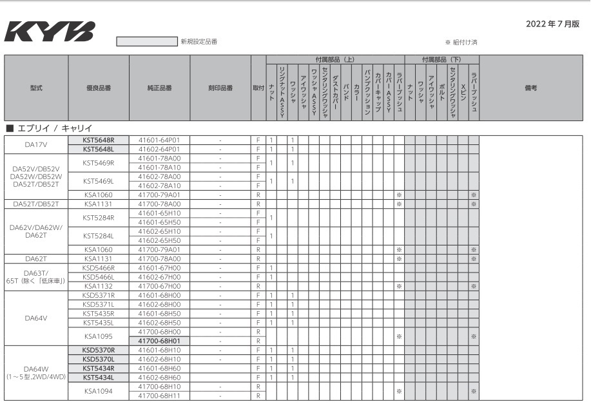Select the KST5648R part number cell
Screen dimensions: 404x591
[x=99, y=140]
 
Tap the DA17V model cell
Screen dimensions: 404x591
[x=36, y=144]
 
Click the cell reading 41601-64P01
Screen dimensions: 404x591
[x=159, y=140]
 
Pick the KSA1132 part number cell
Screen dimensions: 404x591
[x=99, y=285]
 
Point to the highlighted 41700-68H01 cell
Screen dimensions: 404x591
[x=159, y=340]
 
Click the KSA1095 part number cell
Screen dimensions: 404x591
[x=99, y=336]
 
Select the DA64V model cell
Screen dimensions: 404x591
[x=36, y=317]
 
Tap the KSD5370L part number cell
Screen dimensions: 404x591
[x=99, y=358]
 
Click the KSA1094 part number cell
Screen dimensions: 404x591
[x=99, y=390]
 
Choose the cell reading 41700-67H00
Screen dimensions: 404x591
[x=159, y=285]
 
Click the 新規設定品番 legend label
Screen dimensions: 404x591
[x=199, y=42]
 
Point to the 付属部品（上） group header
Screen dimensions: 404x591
[x=335, y=59]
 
